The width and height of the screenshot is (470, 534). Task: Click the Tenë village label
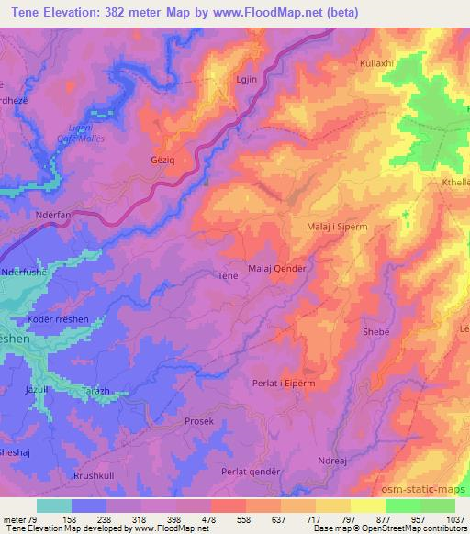coord(229,274)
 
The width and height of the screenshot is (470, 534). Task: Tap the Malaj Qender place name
coord(277,268)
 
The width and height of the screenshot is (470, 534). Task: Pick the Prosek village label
coord(198,421)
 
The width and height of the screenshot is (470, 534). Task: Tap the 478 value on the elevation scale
coord(193,519)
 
